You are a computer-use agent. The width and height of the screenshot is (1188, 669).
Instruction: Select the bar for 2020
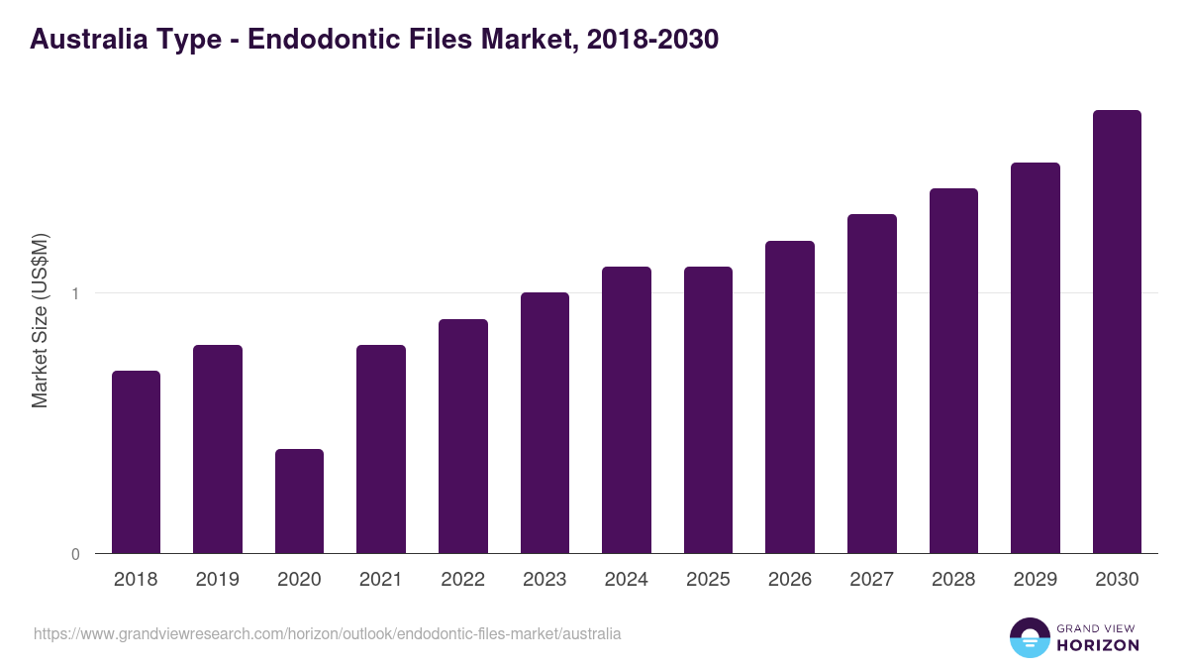tap(299, 501)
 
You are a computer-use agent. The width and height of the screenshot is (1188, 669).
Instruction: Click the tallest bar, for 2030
tap(1117, 331)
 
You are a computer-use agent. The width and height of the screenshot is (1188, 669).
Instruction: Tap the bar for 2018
tap(136, 462)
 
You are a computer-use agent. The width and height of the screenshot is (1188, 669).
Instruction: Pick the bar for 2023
tap(544, 422)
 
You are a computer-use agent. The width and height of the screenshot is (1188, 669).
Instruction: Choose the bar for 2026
tap(790, 396)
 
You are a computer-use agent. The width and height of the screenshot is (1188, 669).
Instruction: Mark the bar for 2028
tap(953, 371)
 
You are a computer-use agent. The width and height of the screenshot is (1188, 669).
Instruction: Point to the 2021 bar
tap(381, 449)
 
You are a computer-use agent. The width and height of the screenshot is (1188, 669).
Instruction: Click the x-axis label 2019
tap(218, 580)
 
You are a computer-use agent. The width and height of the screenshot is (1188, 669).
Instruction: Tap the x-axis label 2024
tap(627, 580)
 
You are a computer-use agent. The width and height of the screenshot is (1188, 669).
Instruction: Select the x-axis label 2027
tap(872, 580)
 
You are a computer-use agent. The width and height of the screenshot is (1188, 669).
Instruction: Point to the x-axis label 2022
tap(462, 580)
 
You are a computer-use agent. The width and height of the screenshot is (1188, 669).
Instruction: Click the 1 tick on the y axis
tap(75, 293)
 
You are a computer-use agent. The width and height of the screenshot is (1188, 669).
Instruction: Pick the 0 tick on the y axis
tap(75, 554)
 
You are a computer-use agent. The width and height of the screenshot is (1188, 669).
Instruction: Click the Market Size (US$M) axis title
tap(41, 320)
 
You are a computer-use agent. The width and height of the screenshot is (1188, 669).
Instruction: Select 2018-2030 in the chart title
tap(651, 41)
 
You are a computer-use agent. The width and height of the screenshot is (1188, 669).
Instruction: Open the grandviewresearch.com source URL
tap(328, 633)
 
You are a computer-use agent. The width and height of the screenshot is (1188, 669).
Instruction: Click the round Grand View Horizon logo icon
tap(1030, 637)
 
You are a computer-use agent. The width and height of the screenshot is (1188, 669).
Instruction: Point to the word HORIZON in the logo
tap(1099, 645)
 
